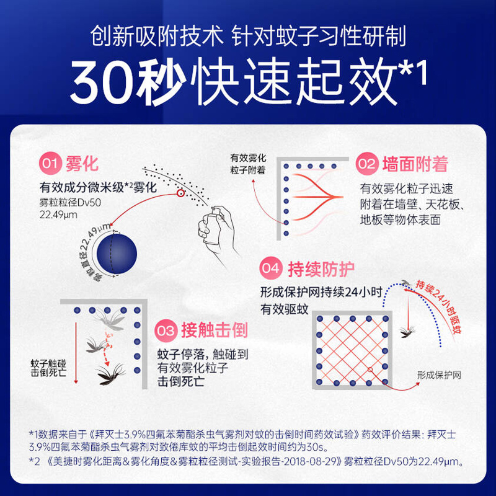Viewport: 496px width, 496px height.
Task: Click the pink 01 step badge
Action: coord(50,164)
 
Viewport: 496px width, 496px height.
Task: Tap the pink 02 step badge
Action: coord(367,164)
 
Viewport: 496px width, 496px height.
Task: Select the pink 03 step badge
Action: coord(166,330)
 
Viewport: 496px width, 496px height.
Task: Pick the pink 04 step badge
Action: coord(271,270)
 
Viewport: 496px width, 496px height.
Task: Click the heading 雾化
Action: coord(82,164)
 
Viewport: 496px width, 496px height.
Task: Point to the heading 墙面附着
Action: coord(415,164)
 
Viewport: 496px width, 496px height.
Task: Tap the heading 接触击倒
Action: coord(214,330)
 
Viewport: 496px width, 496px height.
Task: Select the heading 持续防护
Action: coord(321,270)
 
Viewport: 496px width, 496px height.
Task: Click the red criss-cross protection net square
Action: coord(352,349)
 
